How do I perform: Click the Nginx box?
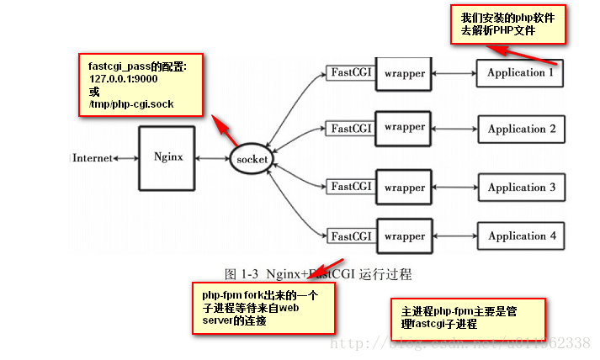coord(168,157)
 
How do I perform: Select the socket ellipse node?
coord(253,158)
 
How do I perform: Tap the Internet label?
coord(93,158)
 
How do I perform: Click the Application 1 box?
coord(520,73)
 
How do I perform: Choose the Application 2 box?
coord(522,130)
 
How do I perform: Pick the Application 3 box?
coord(522,188)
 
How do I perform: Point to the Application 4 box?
coord(522,236)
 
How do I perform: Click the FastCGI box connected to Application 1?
coord(351,73)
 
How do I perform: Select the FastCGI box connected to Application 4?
coord(351,236)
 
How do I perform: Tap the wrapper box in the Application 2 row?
coord(404,128)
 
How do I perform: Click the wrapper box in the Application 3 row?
coord(404,186)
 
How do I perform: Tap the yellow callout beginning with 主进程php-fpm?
coord(469,318)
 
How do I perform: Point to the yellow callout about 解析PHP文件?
coord(511,24)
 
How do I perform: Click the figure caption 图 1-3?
coord(318,273)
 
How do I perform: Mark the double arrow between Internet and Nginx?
coord(126,158)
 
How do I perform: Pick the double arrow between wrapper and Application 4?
coord(455,236)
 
